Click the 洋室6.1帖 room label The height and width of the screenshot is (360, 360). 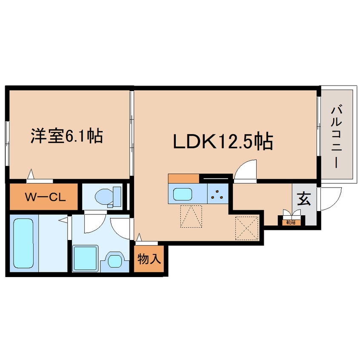[x=66, y=136]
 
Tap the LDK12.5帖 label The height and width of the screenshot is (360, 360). [x=222, y=142]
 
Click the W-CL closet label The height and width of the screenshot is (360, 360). [x=44, y=197]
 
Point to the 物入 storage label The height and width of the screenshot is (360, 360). [x=149, y=259]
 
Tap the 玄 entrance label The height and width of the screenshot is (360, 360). [x=303, y=199]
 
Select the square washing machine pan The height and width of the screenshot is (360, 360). [x=86, y=257]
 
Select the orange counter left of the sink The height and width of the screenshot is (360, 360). [x=183, y=178]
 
